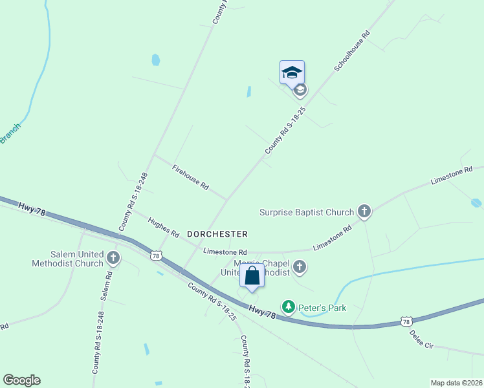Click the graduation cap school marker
coord(292,72)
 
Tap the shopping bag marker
coord(252,275)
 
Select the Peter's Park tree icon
coord(288,306)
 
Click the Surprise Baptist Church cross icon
coord(364,211)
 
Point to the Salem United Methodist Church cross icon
coord(113,259)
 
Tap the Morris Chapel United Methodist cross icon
coord(299,266)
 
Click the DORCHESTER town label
coord(217,233)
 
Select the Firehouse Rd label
coord(190,177)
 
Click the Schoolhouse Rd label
coord(352,50)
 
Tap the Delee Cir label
coord(421,339)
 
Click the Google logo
coord(21,380)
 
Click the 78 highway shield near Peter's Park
coord(406,321)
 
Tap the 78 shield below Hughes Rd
coord(155,256)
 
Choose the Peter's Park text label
coord(322,308)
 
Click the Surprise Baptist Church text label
coord(307,211)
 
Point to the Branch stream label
coord(10,133)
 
